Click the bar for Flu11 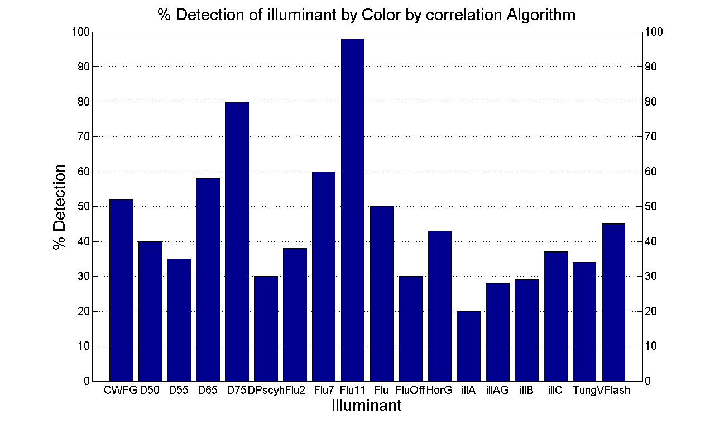pyautogui.click(x=352, y=210)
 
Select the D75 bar pyautogui.click(x=237, y=241)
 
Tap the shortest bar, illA pyautogui.click(x=468, y=346)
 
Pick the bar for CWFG pyautogui.click(x=121, y=290)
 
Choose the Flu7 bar pyautogui.click(x=324, y=276)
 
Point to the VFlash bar pyautogui.click(x=613, y=302)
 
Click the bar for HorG pyautogui.click(x=439, y=306)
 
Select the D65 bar pyautogui.click(x=208, y=279)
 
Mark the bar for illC pyautogui.click(x=555, y=316)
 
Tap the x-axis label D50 pyautogui.click(x=150, y=391)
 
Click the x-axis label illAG pyautogui.click(x=497, y=391)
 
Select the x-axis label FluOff pyautogui.click(x=410, y=391)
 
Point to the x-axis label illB pyautogui.click(x=526, y=391)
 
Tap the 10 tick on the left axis pyautogui.click(x=83, y=346)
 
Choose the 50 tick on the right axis pyautogui.click(x=650, y=206)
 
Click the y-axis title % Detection pyautogui.click(x=59, y=207)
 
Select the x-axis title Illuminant pyautogui.click(x=366, y=406)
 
